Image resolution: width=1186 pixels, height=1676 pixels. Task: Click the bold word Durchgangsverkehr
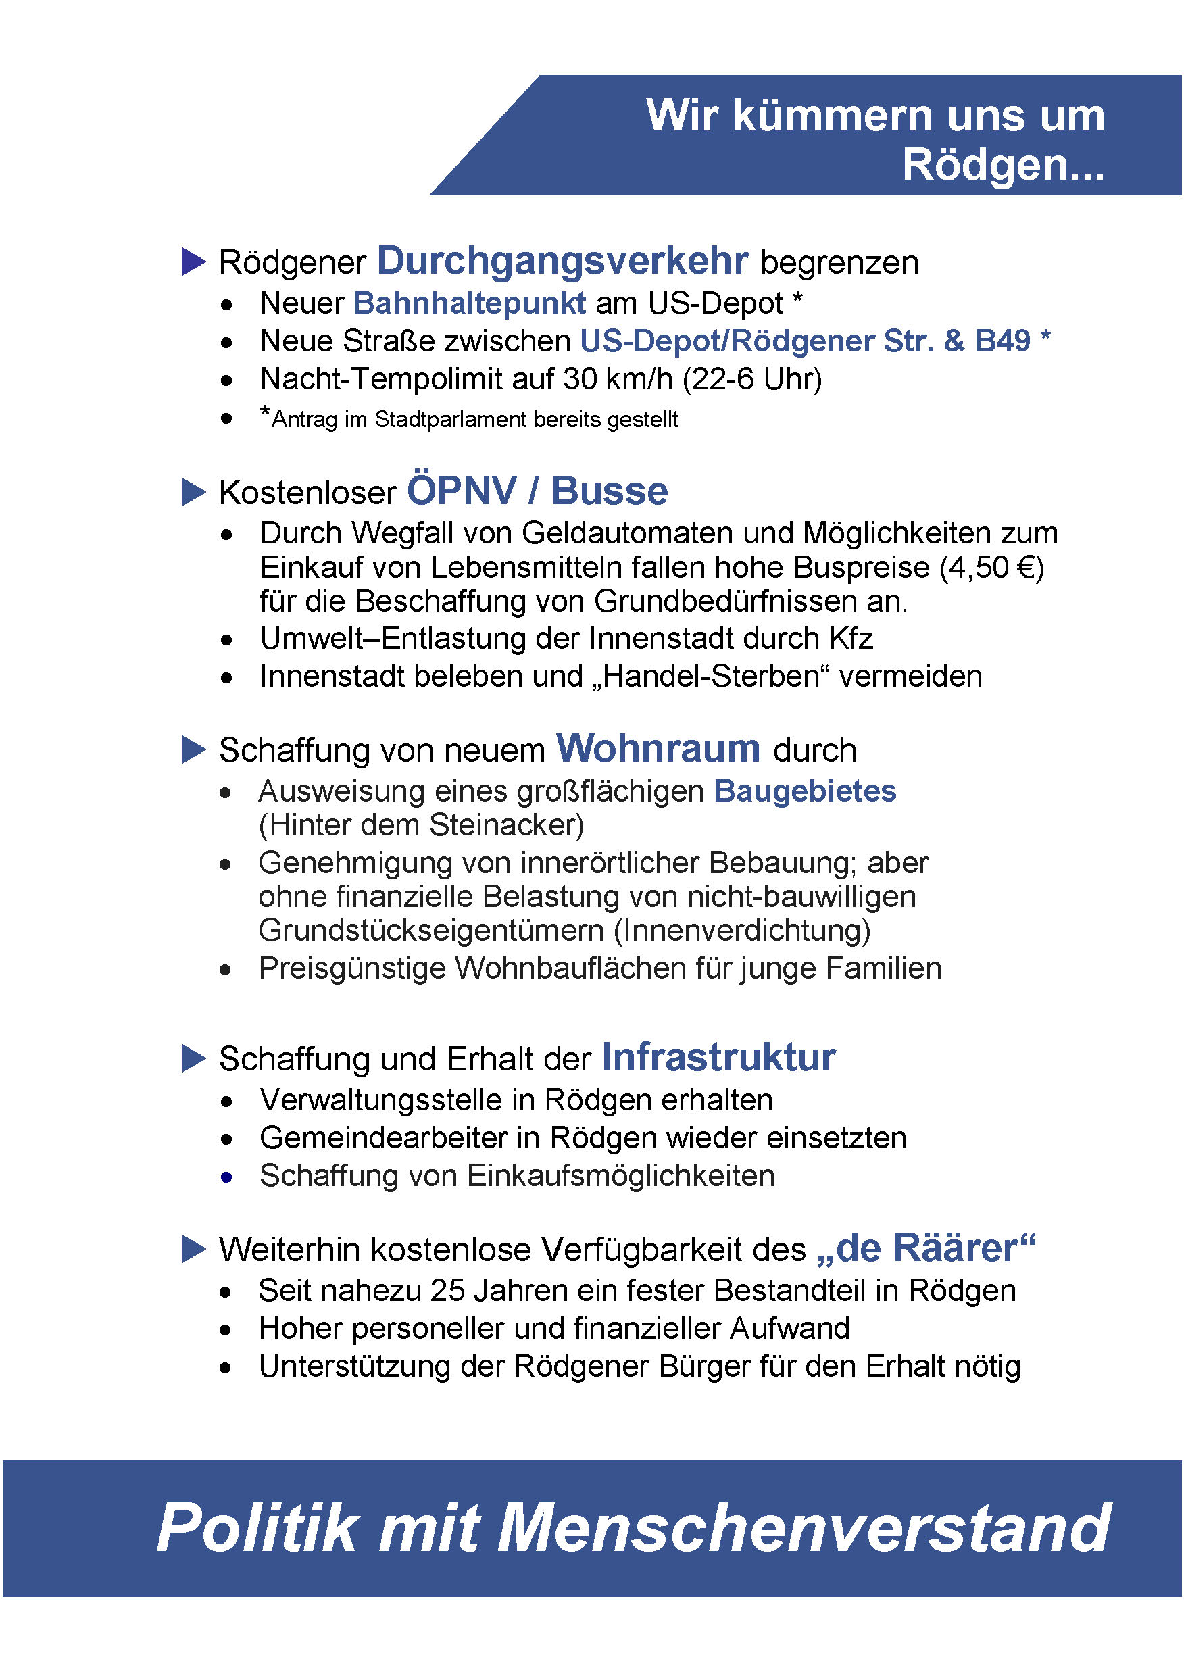tap(562, 261)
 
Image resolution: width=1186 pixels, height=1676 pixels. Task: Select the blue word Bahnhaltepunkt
tap(469, 303)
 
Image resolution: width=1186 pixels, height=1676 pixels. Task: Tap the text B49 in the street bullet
tap(1002, 341)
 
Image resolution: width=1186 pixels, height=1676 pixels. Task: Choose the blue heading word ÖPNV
tap(462, 491)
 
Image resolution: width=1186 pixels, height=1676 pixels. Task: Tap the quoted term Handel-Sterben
tap(710, 676)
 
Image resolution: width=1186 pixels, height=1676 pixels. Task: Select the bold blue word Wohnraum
tap(658, 749)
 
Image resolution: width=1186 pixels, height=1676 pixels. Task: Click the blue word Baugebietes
tap(805, 791)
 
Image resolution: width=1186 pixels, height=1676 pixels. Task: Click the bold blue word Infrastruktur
tap(718, 1058)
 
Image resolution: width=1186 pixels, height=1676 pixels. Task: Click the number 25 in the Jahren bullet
tap(447, 1290)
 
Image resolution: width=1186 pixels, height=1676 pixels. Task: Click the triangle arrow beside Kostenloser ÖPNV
tap(193, 492)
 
